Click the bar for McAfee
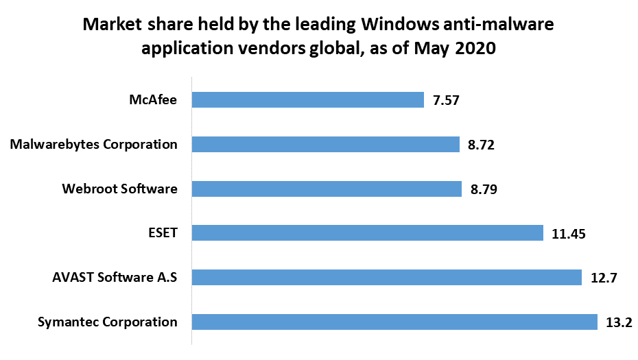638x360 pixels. coord(307,100)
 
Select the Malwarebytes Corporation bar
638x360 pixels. coord(325,145)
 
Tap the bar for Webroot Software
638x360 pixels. coord(327,189)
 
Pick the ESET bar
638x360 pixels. coord(368,233)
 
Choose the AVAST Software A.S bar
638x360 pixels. coord(387,277)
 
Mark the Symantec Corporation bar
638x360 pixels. coord(394,322)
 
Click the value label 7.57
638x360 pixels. coord(445,101)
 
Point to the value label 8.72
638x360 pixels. coord(481,145)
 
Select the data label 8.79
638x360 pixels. coord(483,189)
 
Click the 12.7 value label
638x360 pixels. coord(604,278)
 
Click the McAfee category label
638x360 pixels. coord(154,100)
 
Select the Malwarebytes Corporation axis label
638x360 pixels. coord(95,145)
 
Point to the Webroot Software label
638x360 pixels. coord(120,189)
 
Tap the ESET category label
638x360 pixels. coord(163,233)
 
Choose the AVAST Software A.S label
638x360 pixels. coord(115,277)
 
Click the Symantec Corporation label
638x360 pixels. coord(108,322)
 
